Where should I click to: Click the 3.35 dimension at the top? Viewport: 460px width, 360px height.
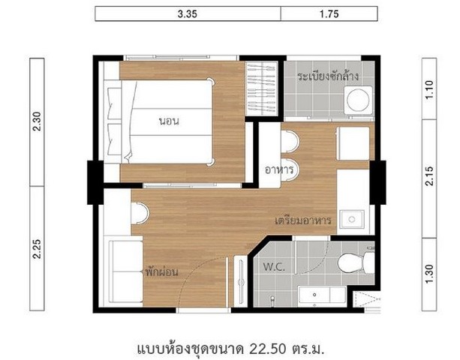point(187,13)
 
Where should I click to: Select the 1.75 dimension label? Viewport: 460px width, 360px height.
point(329,13)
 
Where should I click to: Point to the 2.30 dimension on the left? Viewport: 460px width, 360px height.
point(38,121)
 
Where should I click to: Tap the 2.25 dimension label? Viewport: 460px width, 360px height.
point(38,249)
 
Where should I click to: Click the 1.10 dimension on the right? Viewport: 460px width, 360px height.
point(429,90)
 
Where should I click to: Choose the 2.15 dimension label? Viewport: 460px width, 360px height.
point(429,176)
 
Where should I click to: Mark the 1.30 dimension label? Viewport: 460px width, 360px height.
point(429,274)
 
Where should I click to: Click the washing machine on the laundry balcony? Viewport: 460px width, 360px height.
point(358,100)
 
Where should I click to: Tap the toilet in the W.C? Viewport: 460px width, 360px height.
point(356,263)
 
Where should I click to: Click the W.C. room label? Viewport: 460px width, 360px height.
point(274,267)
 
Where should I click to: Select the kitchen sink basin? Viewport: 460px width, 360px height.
point(352,219)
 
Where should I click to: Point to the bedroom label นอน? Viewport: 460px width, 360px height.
point(169,121)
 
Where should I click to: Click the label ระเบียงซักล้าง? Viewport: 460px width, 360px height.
point(328,76)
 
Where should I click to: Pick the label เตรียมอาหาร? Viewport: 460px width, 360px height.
point(303,220)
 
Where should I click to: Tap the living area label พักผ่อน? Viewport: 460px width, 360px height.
point(161,272)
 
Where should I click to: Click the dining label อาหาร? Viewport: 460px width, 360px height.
point(278,169)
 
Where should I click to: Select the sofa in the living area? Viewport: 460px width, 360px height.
point(125,271)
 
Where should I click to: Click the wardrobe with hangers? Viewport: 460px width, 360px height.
point(261,88)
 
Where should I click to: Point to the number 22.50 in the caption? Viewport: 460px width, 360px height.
point(268,349)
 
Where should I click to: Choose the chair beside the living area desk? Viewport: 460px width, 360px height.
point(140,214)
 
